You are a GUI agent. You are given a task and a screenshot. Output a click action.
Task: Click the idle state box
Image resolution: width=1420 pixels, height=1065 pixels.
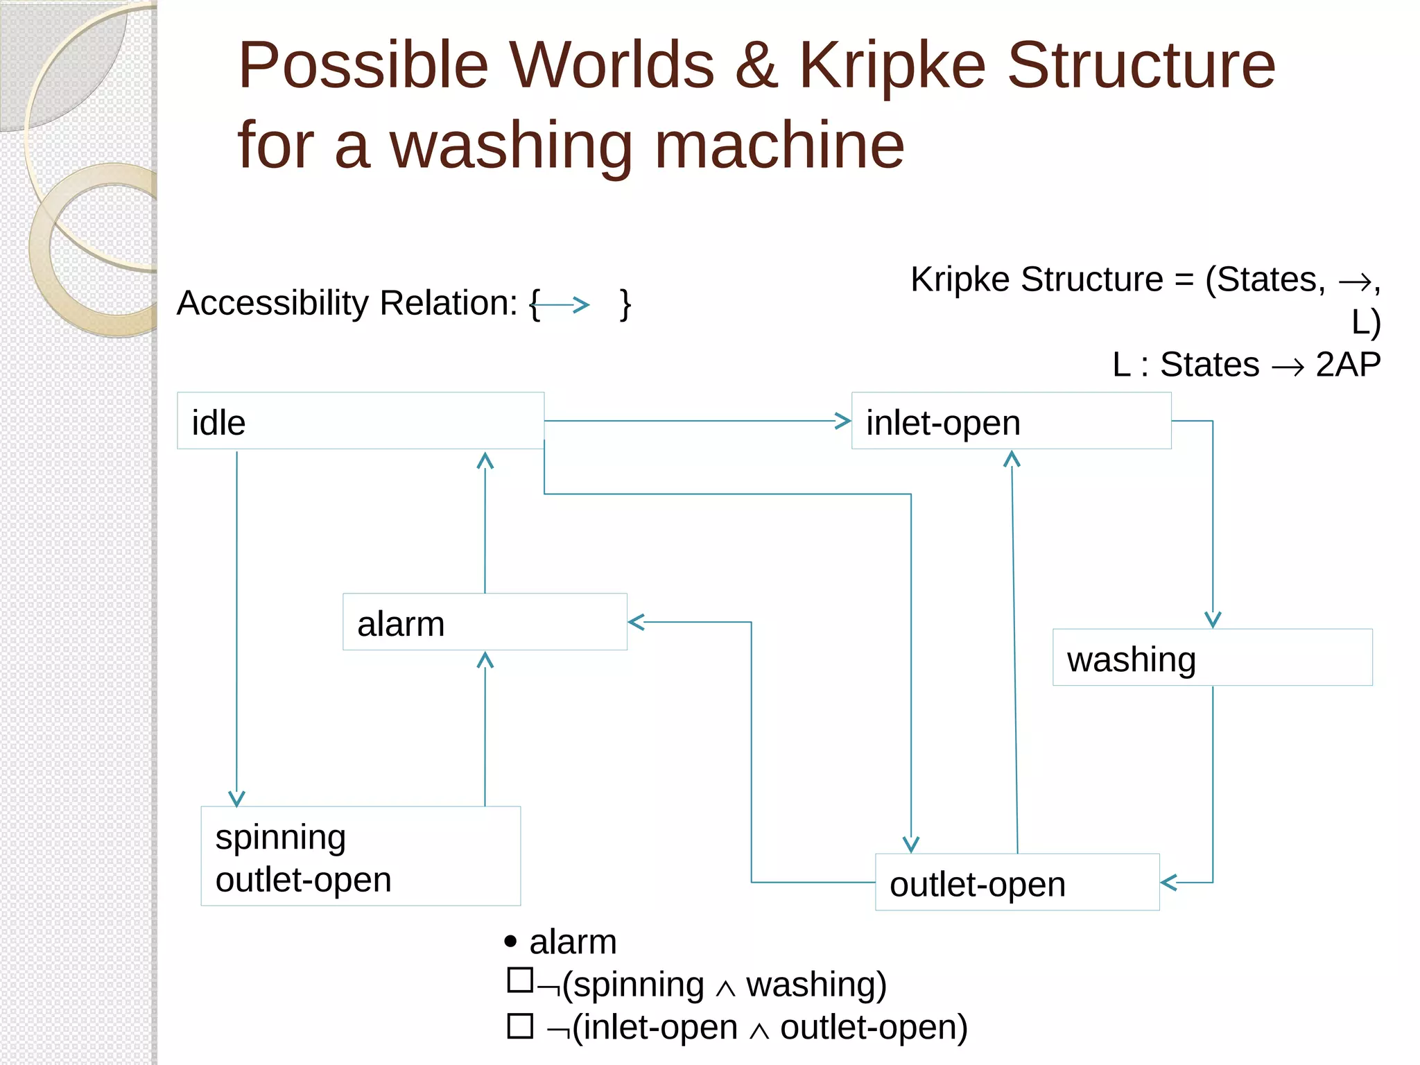coord(360,421)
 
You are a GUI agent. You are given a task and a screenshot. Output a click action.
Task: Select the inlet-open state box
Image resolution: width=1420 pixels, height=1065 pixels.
coord(1011,421)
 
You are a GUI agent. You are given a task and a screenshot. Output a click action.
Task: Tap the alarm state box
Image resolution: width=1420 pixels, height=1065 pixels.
coord(485,622)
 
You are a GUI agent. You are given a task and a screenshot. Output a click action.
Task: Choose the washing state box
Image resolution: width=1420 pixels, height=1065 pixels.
coord(1212,657)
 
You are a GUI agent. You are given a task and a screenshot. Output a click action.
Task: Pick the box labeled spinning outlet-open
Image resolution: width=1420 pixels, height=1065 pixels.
coord(361,856)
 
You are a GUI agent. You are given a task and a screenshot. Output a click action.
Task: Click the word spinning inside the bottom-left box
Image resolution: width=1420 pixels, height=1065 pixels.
coord(281,837)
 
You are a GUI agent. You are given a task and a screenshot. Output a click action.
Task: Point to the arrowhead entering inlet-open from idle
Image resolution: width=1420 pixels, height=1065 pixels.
coord(842,421)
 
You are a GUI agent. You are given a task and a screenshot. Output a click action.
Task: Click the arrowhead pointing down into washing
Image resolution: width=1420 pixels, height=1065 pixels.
coord(1213,619)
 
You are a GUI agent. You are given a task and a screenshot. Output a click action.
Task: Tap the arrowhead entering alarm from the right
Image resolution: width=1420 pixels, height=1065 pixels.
coord(637,622)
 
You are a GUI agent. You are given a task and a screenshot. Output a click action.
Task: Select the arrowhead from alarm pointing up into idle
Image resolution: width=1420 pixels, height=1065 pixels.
coord(485,461)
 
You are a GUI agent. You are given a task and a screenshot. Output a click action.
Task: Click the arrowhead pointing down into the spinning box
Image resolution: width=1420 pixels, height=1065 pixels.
coord(237,798)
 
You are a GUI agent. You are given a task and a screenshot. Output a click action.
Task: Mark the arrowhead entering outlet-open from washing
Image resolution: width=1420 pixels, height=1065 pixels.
coord(1169,882)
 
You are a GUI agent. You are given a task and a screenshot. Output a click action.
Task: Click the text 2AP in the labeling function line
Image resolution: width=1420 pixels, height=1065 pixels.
coord(1347,364)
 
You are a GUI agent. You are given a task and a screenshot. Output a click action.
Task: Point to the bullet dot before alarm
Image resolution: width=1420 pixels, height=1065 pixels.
coord(511,941)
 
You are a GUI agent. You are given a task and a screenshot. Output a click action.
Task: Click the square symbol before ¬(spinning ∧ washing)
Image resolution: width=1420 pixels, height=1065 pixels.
coord(520,980)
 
